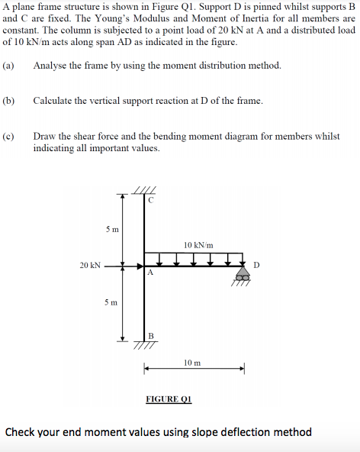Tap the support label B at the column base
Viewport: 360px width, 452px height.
[150, 336]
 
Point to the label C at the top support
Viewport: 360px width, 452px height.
[150, 200]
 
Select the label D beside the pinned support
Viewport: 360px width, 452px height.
[257, 265]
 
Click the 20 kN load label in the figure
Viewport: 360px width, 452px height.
[89, 266]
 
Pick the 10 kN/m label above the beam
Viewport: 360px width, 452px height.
[198, 244]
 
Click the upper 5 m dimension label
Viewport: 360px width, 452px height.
[111, 228]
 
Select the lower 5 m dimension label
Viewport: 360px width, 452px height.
[111, 302]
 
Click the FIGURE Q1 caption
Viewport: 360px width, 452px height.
[169, 399]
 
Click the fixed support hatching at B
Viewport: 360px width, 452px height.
[144, 344]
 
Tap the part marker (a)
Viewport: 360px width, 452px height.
[8, 66]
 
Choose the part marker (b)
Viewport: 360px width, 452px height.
[8, 101]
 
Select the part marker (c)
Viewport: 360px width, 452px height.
[8, 136]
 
